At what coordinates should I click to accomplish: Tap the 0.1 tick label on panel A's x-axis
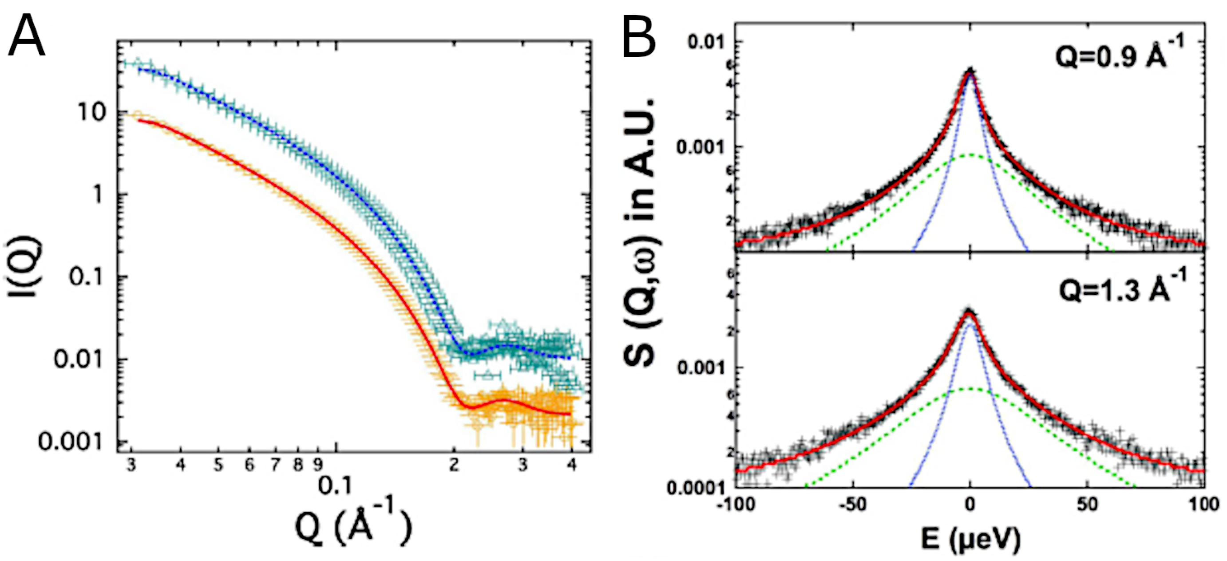tap(336, 486)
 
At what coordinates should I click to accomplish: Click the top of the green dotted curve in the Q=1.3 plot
tap(970, 389)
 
